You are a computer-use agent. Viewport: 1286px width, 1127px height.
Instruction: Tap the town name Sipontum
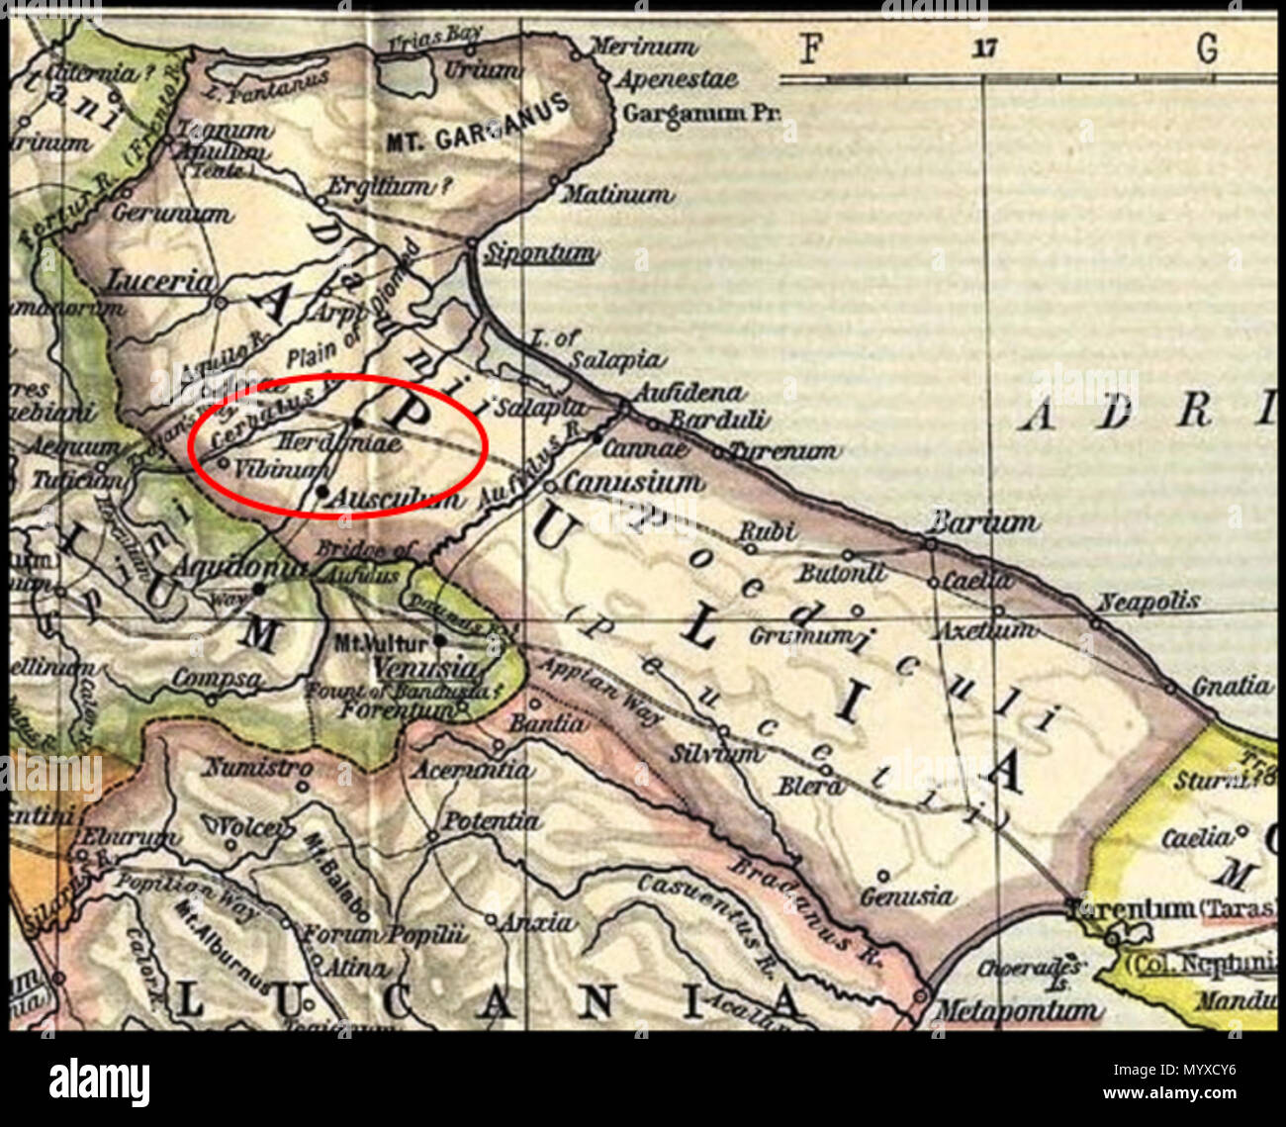[539, 254]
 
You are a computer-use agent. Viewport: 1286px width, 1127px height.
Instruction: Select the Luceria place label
[160, 281]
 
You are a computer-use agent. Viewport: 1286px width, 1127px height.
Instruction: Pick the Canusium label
[634, 483]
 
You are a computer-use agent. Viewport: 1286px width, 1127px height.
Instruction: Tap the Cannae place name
[644, 449]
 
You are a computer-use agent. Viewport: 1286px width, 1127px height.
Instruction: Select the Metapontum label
[1016, 1011]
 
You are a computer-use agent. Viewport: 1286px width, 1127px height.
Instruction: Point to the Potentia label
[491, 821]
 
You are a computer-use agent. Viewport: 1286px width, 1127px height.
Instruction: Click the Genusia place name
[907, 897]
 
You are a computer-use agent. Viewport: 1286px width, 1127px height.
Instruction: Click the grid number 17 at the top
[984, 48]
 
